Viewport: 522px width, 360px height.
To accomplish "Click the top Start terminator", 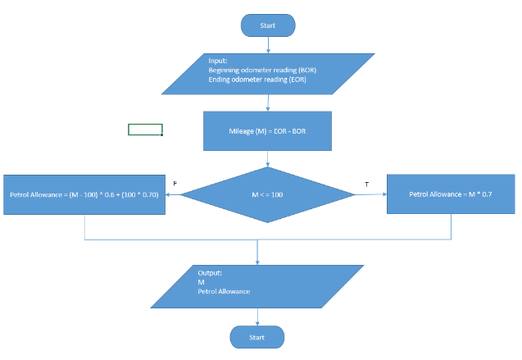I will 267,25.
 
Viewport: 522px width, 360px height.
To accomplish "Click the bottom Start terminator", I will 257,337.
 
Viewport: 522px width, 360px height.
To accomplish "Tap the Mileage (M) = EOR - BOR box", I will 268,131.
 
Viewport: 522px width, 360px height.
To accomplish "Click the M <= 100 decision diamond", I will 267,194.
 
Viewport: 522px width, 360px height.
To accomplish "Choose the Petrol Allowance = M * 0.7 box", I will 450,194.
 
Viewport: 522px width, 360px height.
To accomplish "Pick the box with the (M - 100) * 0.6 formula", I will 85,195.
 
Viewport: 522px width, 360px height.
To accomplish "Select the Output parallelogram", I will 257,286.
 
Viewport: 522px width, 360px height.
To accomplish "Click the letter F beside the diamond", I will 175,184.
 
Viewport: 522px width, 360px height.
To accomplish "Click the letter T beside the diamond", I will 366,185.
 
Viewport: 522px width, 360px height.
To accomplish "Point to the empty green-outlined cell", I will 145,130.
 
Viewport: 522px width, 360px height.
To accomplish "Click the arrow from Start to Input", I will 268,45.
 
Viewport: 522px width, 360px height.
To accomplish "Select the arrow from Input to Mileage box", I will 268,103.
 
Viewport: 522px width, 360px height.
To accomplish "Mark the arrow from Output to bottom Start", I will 257,317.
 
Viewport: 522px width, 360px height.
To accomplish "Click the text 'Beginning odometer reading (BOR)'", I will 262,71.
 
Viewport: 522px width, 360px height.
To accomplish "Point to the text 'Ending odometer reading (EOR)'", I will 257,80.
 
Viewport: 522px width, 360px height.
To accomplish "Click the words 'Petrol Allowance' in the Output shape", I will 224,291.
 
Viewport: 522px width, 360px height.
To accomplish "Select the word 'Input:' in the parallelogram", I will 218,62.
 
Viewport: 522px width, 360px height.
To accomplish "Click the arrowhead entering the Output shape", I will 257,262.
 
